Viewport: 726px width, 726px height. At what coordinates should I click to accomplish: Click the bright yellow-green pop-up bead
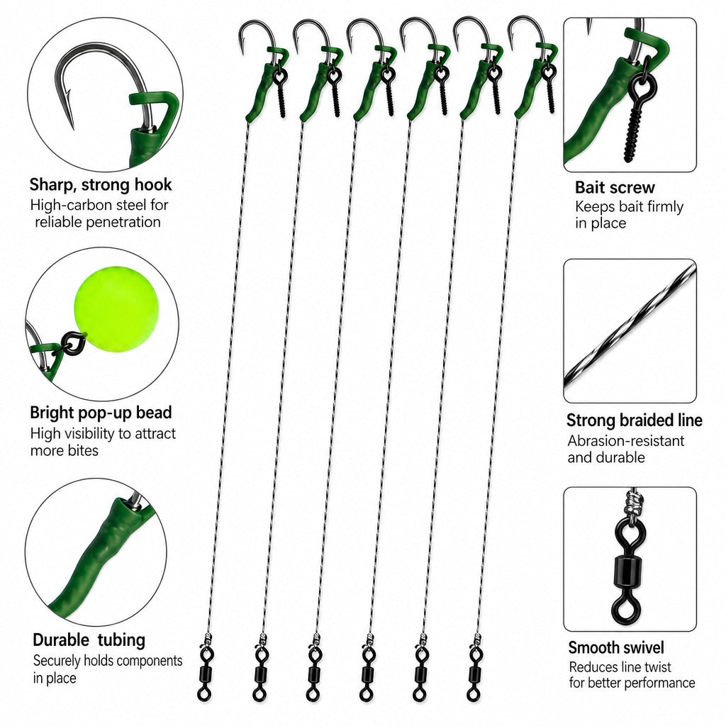pyautogui.click(x=116, y=309)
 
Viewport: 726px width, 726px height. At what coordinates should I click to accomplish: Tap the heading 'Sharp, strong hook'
pyautogui.click(x=101, y=185)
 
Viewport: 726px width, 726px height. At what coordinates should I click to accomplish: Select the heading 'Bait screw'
pyautogui.click(x=615, y=187)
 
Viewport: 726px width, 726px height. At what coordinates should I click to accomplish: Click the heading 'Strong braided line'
pyautogui.click(x=634, y=420)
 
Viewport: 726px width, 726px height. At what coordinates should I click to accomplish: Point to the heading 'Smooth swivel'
pyautogui.click(x=616, y=647)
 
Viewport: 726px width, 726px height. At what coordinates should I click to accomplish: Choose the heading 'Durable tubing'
pyautogui.click(x=89, y=640)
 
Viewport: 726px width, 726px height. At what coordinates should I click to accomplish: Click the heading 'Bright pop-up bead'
pyautogui.click(x=101, y=413)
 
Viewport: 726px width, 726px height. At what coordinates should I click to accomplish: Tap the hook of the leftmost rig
pyautogui.click(x=257, y=35)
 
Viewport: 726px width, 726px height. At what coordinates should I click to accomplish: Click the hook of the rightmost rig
pyautogui.click(x=527, y=33)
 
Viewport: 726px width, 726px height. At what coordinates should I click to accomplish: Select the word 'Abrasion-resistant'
pyautogui.click(x=626, y=441)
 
